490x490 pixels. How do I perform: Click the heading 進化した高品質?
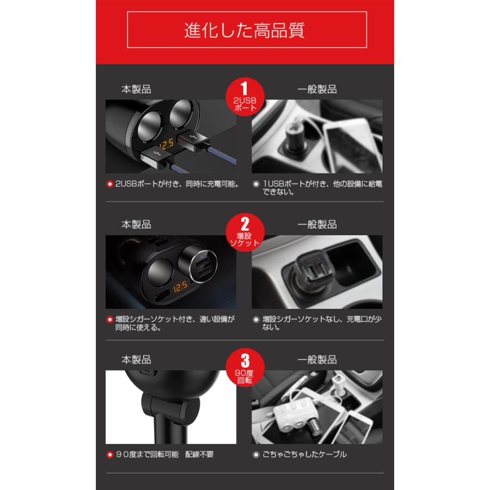(244, 29)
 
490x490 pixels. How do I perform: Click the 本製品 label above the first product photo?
(136, 89)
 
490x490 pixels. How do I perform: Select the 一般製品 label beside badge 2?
(317, 224)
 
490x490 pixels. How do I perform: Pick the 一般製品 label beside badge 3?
(317, 360)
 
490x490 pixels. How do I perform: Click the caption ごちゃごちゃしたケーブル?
(304, 454)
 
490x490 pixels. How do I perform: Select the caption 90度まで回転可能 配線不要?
(164, 454)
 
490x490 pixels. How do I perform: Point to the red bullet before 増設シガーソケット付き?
(109, 320)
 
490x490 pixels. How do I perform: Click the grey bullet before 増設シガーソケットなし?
(256, 320)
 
